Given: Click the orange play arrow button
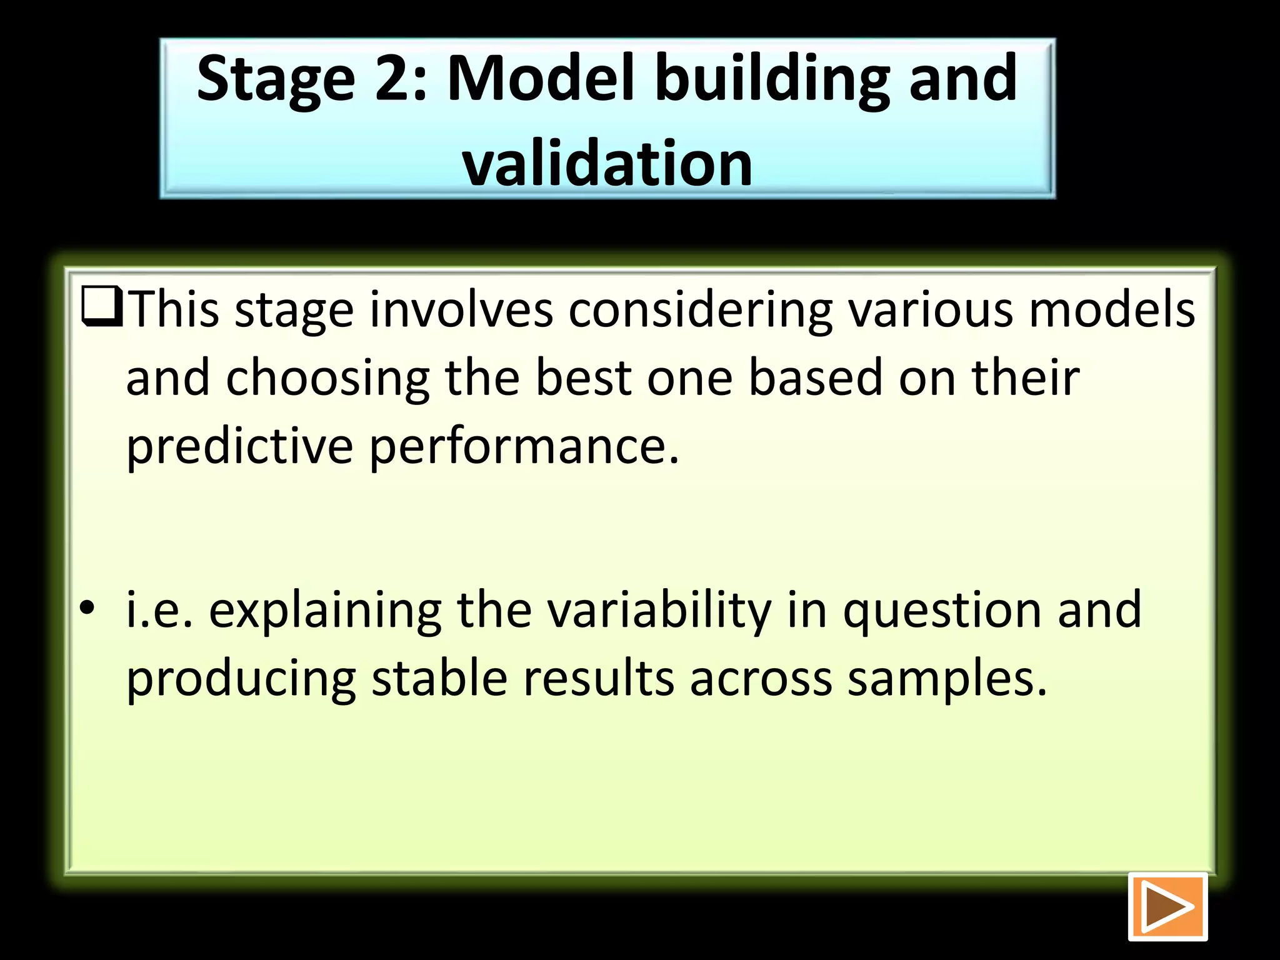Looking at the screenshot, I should coord(1167,906).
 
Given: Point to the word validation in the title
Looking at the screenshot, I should coord(607,164).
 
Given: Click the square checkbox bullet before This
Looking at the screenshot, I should coord(102,307).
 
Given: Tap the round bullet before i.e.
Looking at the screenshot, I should coord(87,607).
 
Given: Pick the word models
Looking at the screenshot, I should coord(1112,309).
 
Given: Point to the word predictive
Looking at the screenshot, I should coord(239,447).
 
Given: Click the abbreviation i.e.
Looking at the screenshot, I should coord(159,609).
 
